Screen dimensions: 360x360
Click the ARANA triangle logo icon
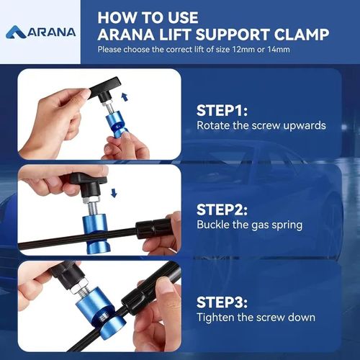(17, 32)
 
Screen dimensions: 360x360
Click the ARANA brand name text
(51, 32)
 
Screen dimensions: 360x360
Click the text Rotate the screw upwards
(261, 125)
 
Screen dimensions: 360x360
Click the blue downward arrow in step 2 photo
(114, 192)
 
